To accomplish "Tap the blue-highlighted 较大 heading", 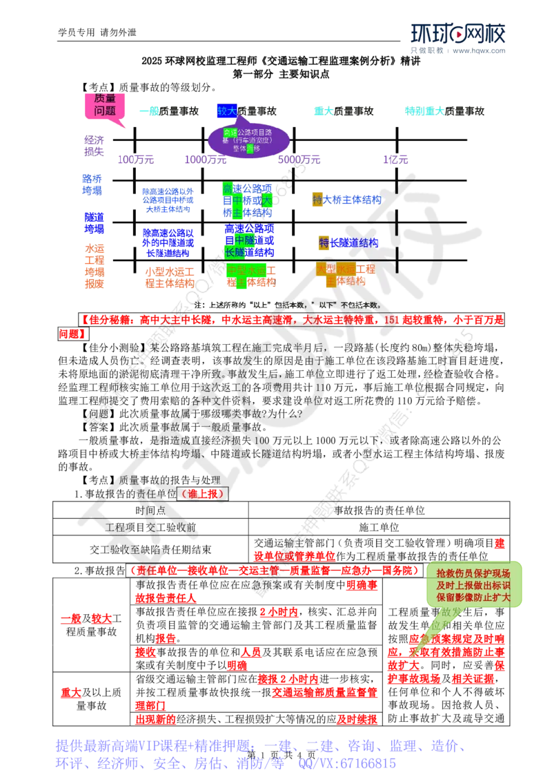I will click(x=226, y=111).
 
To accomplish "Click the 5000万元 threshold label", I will click(x=299, y=160).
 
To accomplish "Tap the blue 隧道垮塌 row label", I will click(x=94, y=222).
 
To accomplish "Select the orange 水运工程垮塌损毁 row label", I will click(x=94, y=266).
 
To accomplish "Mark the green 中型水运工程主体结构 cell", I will click(x=250, y=275).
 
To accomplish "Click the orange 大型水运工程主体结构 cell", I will click(x=346, y=274).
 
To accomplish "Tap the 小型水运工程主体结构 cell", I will click(x=169, y=276).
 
